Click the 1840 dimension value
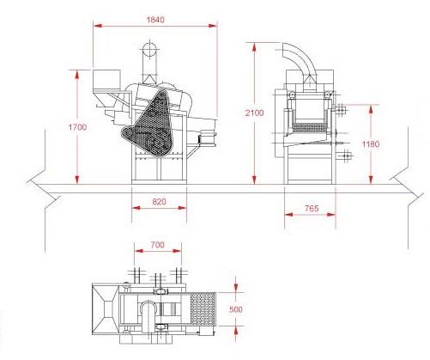[x=155, y=20]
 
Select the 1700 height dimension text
[x=77, y=127]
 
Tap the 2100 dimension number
[x=254, y=113]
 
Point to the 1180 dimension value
[x=371, y=143]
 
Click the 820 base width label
[x=159, y=202]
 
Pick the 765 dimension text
[x=312, y=208]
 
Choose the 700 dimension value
[x=158, y=245]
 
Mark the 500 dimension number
[x=236, y=309]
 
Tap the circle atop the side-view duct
[x=149, y=50]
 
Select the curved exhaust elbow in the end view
[x=300, y=58]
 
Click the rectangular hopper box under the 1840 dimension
[x=106, y=79]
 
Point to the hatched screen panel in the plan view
[x=203, y=309]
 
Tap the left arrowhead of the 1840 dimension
[x=98, y=26]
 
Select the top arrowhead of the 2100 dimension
[x=254, y=48]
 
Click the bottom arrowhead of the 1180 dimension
[x=371, y=180]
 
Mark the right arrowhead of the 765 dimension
[x=331, y=214]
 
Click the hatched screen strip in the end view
[x=310, y=126]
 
